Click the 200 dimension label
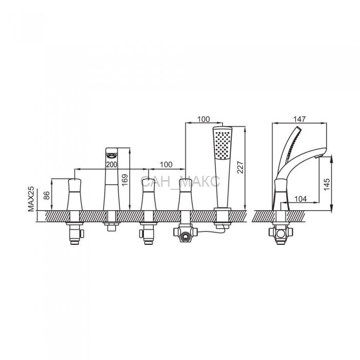[x=112, y=165]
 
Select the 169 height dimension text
[x=125, y=180]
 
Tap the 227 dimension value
[x=240, y=167]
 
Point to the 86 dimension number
[x=47, y=195]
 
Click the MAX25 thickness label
[x=31, y=199]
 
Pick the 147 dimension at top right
[x=300, y=119]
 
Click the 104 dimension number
[x=300, y=199]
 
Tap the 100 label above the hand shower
[x=204, y=119]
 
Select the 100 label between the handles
[x=166, y=165]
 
